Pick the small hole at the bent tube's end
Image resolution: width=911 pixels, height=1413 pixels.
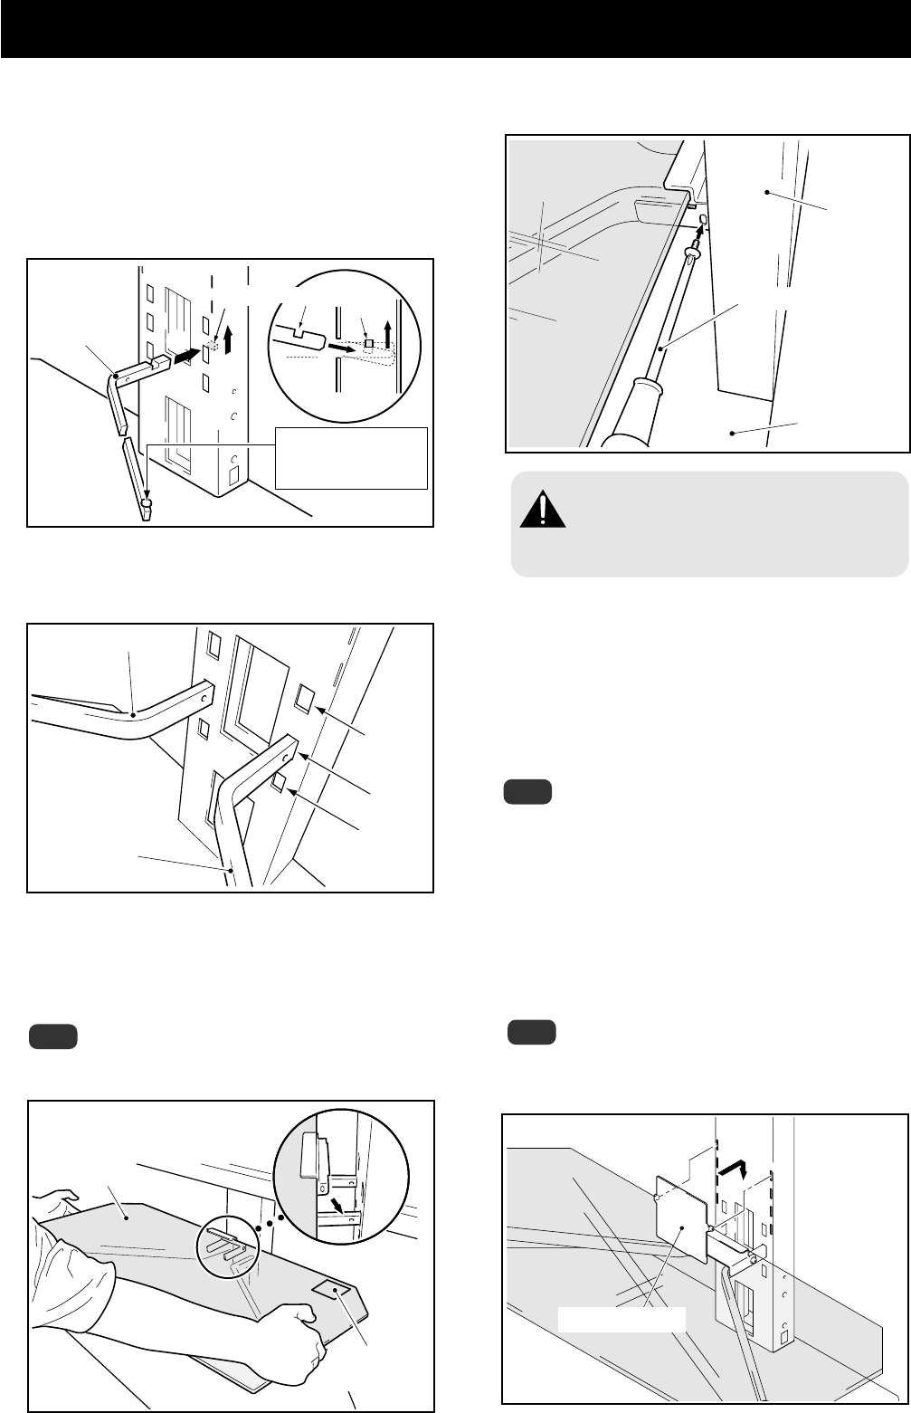287,752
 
